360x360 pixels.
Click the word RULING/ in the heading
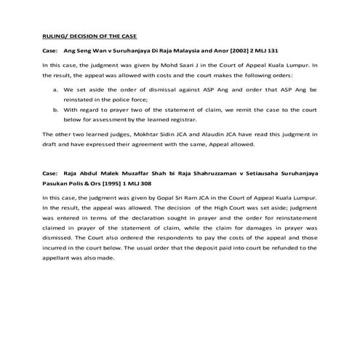point(53,36)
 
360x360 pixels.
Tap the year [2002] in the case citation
point(242,52)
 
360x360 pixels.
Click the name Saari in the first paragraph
point(167,65)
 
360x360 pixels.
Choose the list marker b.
point(56,111)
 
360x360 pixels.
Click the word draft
point(49,143)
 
